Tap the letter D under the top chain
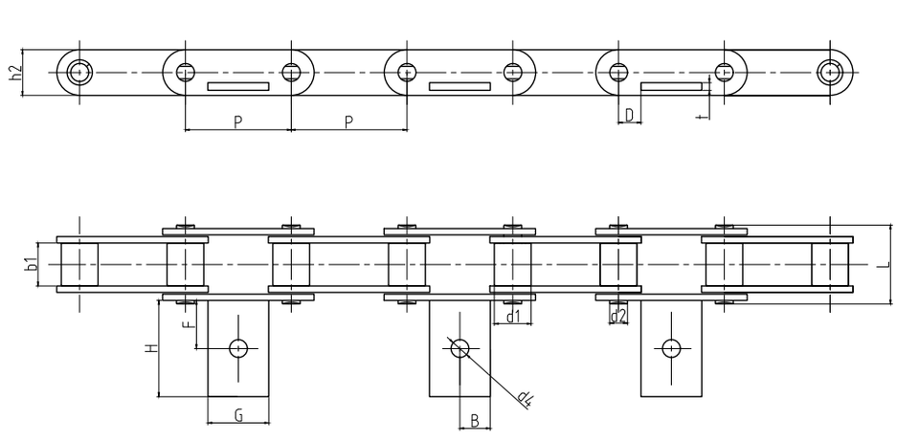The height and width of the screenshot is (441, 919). pos(628,115)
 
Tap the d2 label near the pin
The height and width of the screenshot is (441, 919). pos(618,315)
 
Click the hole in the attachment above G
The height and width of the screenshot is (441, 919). pos(237,347)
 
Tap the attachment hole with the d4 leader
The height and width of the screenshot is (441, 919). pos(459,347)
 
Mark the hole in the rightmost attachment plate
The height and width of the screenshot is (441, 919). pos(671,347)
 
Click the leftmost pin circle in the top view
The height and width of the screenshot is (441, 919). pos(77,71)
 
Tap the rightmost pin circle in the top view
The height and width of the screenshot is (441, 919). pos(830,71)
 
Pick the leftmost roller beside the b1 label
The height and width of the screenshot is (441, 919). pos(78,264)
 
